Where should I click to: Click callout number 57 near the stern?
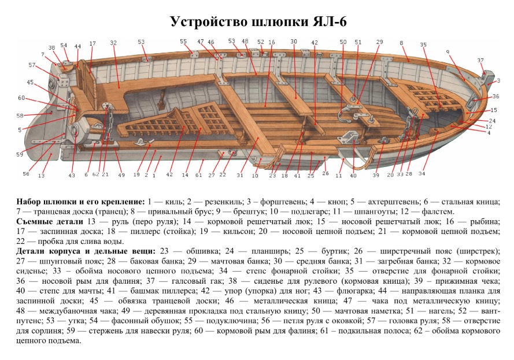32,65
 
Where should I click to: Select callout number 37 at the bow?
480,60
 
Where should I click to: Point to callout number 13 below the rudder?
42,175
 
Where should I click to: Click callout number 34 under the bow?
422,173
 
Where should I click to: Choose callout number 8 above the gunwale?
401,43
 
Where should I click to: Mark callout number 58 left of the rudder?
20,116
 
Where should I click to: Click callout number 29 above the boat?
379,42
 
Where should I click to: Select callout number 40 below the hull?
353,175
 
